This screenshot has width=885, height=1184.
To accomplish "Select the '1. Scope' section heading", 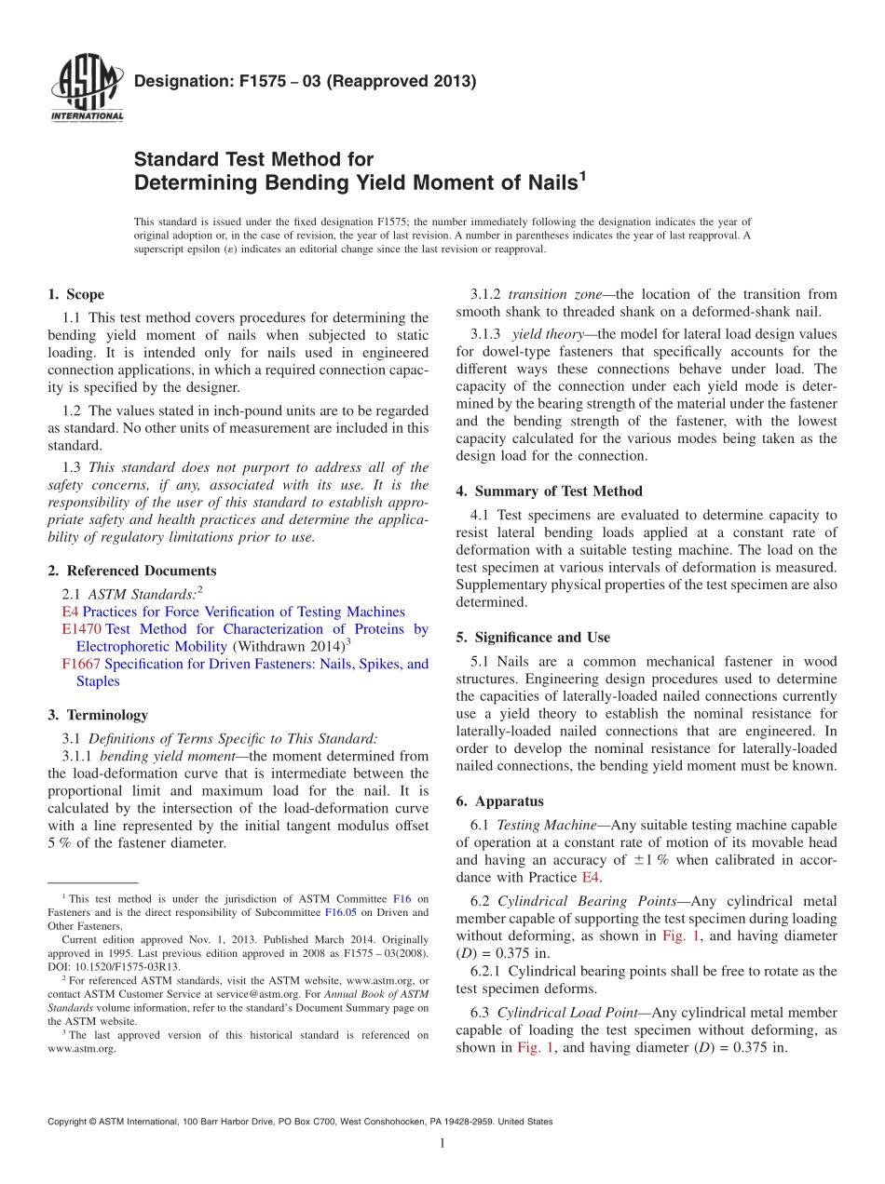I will coord(75,295).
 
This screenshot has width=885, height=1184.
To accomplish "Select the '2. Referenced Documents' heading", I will coord(131,571).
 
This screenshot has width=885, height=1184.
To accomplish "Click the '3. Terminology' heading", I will coord(98,715).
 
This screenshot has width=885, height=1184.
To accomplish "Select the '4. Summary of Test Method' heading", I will coord(549,491).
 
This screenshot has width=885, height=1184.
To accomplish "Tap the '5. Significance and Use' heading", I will coord(533,638).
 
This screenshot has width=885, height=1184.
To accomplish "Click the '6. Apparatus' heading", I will coord(499,801).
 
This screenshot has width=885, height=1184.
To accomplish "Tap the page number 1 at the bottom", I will coord(442,1144).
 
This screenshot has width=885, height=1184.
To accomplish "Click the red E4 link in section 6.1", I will coord(590,878).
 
